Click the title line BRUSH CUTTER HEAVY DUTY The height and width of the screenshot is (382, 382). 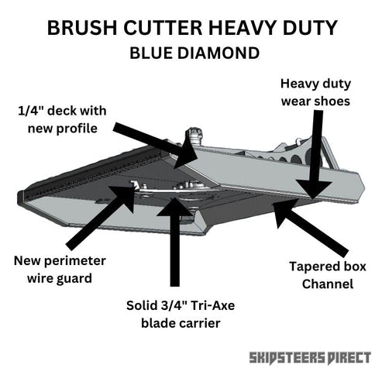(191, 28)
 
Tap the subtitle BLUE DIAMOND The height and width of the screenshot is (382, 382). (191, 54)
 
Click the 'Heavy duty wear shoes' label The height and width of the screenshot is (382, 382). (315, 92)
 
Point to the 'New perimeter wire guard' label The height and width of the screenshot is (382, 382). (60, 267)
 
